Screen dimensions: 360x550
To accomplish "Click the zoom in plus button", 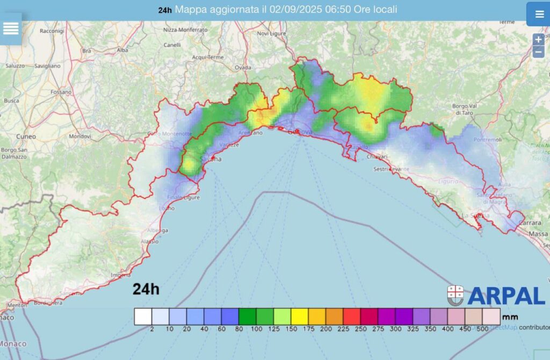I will click(x=538, y=40).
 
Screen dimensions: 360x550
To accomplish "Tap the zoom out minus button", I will click(x=538, y=52).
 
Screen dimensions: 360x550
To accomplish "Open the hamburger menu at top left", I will click(x=11, y=28).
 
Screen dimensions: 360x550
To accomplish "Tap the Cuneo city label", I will click(x=26, y=136).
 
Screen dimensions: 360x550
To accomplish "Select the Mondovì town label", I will click(x=80, y=136).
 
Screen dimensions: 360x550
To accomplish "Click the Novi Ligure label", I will click(x=270, y=33).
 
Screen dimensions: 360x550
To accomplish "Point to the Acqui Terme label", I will click(x=207, y=57).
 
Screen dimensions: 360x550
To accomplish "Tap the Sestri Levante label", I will click(x=391, y=169).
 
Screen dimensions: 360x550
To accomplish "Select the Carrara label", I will click(x=533, y=221).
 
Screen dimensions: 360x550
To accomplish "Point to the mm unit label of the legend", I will click(x=510, y=317).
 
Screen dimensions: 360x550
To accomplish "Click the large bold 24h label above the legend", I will click(x=146, y=290).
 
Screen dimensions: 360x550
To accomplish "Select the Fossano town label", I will click(x=61, y=92).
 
